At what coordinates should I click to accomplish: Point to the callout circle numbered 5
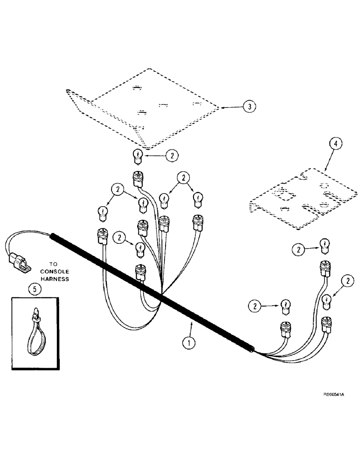[33, 289]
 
